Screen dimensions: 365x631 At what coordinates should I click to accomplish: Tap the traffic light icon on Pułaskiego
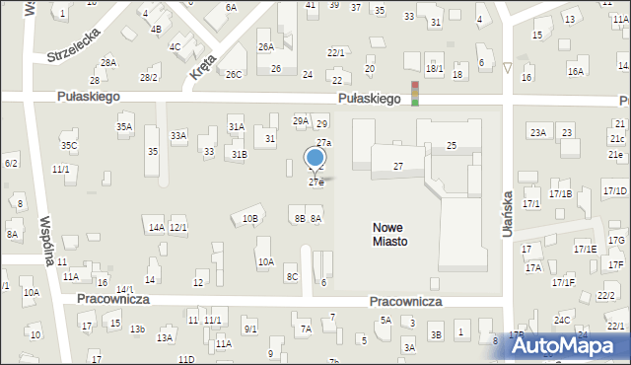click(x=415, y=93)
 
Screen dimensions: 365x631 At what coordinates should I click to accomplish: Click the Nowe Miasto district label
click(x=390, y=234)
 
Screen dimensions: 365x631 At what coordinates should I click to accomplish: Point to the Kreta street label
click(x=202, y=65)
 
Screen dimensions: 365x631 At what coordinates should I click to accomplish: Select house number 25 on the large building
click(x=452, y=146)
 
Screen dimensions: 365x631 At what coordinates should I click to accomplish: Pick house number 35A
click(x=124, y=127)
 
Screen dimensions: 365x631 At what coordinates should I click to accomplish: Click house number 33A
click(x=178, y=135)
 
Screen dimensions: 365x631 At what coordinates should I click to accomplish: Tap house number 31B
click(x=240, y=154)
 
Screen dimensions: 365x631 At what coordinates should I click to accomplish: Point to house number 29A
click(x=301, y=120)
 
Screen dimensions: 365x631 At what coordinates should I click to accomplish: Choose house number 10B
click(x=250, y=219)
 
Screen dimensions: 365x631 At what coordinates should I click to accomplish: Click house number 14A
click(x=156, y=228)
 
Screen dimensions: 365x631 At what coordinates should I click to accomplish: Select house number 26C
click(x=234, y=74)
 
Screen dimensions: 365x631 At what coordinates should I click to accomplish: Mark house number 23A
click(x=537, y=132)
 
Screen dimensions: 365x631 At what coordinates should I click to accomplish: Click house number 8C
click(x=292, y=277)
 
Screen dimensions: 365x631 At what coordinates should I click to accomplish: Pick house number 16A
click(x=576, y=72)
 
